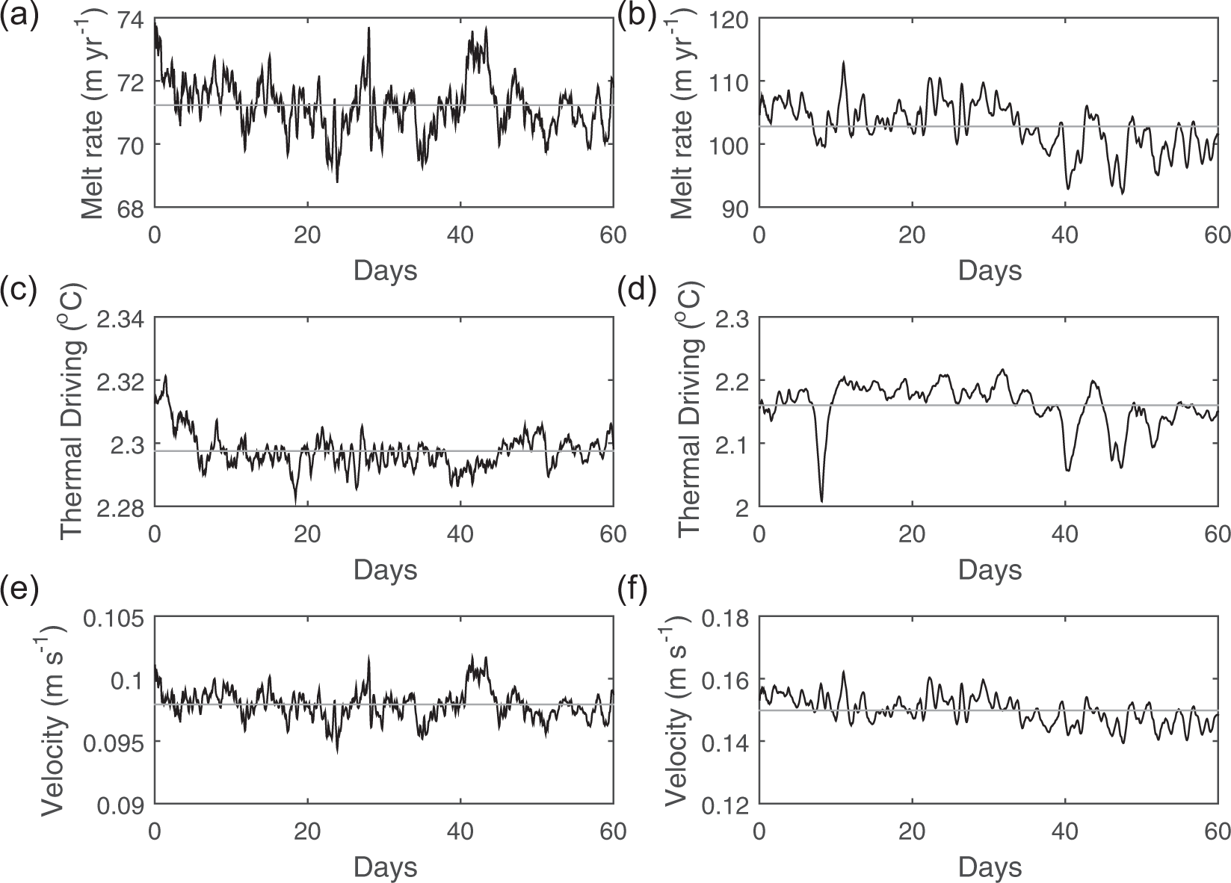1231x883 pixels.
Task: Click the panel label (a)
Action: tap(19, 16)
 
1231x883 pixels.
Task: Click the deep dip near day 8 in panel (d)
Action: tap(821, 501)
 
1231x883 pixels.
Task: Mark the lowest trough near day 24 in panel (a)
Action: tap(337, 181)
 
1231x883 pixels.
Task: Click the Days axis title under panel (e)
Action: tap(385, 867)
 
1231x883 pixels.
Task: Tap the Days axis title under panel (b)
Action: tap(990, 270)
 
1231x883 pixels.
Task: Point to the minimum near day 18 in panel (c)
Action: tap(296, 503)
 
